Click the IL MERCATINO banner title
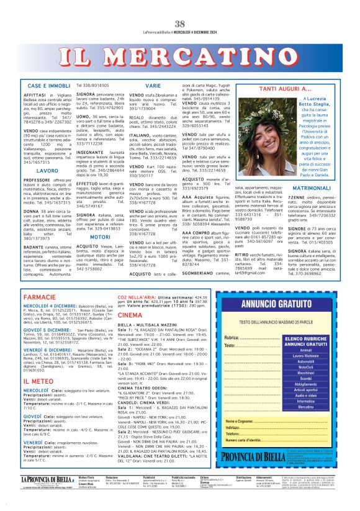click(x=180, y=53)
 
